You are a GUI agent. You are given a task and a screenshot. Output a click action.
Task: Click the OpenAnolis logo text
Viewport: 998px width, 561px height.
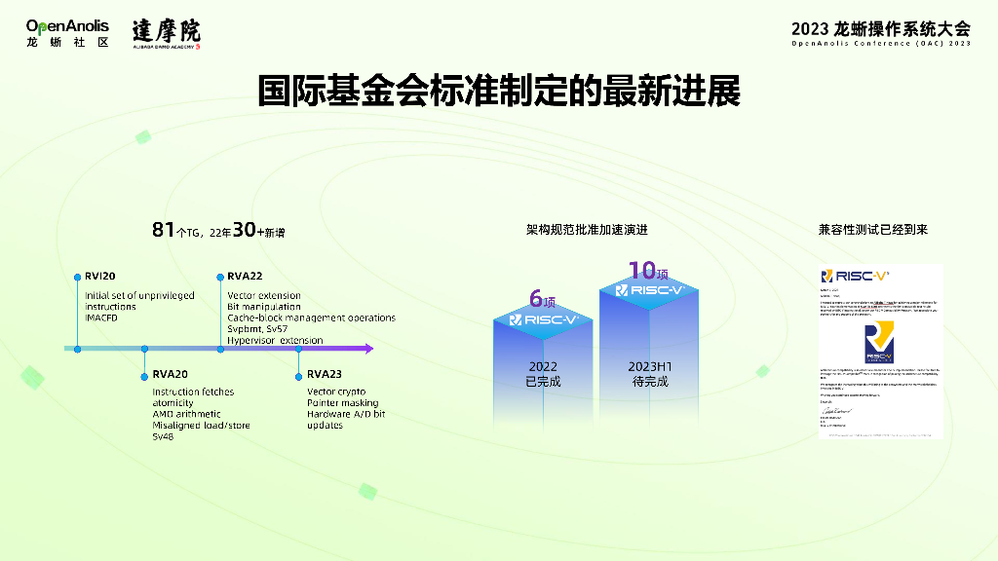(67, 25)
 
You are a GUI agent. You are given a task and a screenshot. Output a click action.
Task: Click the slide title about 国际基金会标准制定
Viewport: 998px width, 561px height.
(498, 91)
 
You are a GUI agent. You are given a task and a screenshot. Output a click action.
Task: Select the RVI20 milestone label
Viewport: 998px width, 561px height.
(99, 277)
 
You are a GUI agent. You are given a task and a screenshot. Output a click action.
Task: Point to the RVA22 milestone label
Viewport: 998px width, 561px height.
(245, 277)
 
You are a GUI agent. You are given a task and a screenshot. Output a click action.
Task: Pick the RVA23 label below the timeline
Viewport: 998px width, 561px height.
(325, 374)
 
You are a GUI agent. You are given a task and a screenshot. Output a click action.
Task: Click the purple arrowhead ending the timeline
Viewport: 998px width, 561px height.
(366, 348)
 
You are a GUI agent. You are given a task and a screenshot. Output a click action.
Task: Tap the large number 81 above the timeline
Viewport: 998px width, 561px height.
(163, 230)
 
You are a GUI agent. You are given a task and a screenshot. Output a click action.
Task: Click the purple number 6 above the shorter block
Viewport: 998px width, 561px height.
(535, 298)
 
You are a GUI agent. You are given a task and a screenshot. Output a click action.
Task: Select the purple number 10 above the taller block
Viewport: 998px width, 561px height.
(641, 270)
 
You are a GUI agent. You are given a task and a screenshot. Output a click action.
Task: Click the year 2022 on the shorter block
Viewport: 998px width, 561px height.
(543, 366)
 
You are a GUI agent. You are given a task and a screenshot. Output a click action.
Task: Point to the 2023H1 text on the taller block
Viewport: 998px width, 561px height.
(648, 366)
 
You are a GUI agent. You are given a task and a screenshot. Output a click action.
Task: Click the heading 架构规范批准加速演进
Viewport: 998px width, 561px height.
(587, 230)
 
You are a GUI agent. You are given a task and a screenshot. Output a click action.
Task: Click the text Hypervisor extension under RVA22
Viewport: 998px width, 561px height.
(274, 340)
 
